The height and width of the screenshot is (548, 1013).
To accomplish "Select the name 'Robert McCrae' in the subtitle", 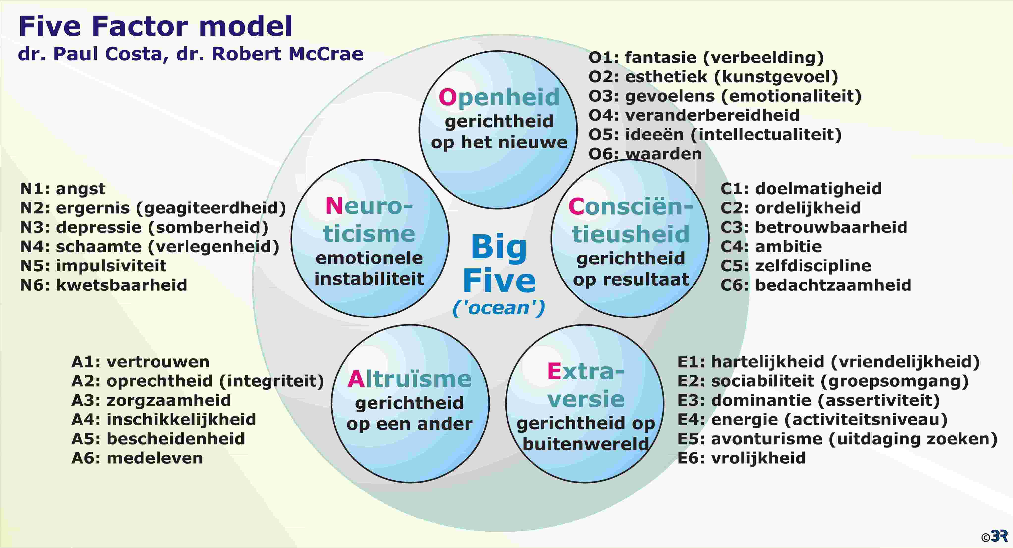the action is pos(288,54).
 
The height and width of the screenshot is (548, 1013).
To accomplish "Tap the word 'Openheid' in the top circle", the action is pos(499,97).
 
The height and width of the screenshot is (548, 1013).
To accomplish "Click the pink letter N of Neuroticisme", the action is pos(334,206).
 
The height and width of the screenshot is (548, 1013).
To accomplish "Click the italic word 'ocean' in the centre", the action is pos(499,308).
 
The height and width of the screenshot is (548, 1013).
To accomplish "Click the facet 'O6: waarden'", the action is pos(645,154).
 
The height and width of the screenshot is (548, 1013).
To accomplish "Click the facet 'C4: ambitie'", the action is pos(771,247).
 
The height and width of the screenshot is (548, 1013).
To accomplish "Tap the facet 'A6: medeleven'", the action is pos(137,458).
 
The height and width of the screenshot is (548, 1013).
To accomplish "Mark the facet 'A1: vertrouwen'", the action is pos(140,362).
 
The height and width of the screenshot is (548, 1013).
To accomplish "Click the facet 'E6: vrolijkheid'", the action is pos(741,458).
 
